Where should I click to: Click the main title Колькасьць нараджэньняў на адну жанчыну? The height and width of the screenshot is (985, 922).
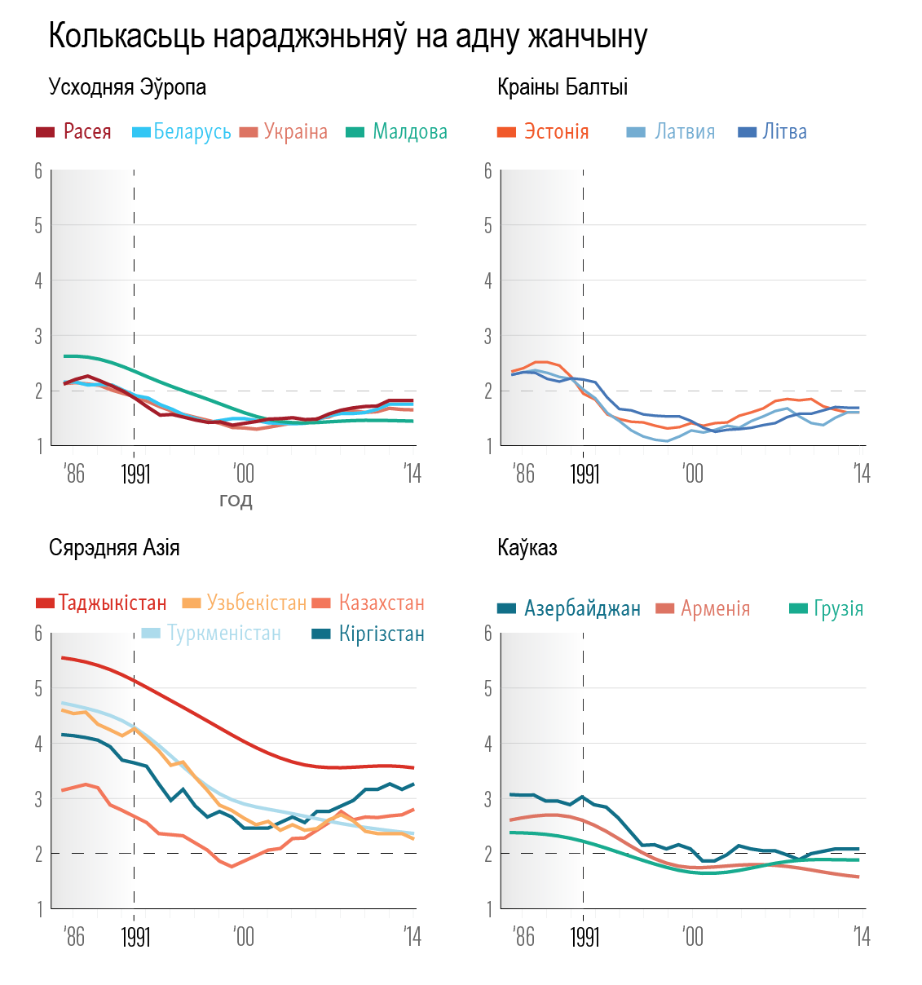coord(348,37)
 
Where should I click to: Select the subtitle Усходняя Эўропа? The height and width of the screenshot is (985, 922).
coord(127,87)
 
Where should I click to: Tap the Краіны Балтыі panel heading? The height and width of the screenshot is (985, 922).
coord(562,87)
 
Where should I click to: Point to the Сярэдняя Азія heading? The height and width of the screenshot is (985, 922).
coord(114,547)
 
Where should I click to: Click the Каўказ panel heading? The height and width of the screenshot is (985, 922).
coord(527,547)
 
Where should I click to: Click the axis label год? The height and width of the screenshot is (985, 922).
coord(236,500)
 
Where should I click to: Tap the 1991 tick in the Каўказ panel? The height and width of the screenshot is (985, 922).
coord(585,936)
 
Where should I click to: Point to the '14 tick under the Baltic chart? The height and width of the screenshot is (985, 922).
coord(862,474)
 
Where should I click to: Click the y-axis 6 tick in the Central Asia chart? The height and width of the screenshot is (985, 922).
coord(38,634)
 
